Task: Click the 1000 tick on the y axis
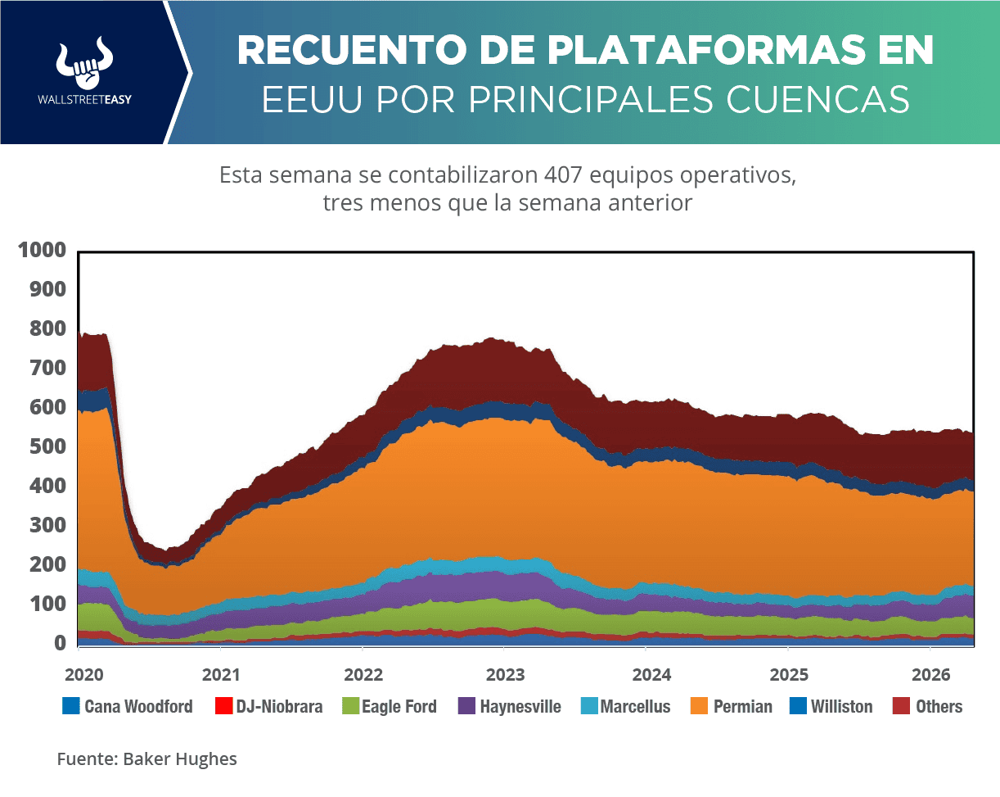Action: pyautogui.click(x=41, y=251)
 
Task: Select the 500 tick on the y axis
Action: pyautogui.click(x=47, y=447)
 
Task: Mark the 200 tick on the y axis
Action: pyautogui.click(x=47, y=565)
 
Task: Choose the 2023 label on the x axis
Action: pyautogui.click(x=505, y=675)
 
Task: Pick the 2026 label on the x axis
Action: pyautogui.click(x=930, y=675)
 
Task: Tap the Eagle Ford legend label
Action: pyautogui.click(x=400, y=706)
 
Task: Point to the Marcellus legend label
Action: pyautogui.click(x=635, y=706)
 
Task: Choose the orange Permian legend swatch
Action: pyautogui.click(x=700, y=706)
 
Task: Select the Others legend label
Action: pyautogui.click(x=939, y=706)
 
